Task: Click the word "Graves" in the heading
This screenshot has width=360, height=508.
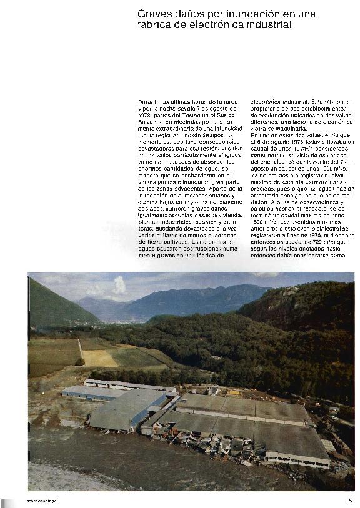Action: [x=153, y=14]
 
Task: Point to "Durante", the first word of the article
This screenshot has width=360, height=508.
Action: [x=149, y=101]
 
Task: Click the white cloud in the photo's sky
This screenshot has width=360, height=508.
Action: [x=118, y=286]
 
